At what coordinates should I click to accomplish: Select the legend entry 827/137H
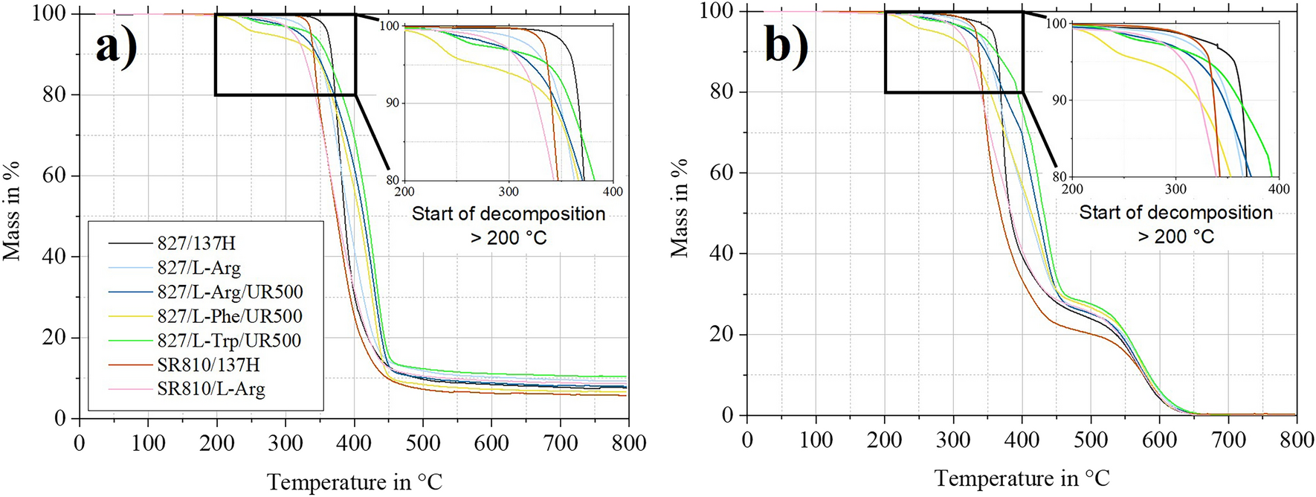198,243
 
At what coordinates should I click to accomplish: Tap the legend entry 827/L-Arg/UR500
230,292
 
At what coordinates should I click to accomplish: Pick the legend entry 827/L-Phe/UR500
229,316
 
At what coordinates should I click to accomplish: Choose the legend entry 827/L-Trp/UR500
229,341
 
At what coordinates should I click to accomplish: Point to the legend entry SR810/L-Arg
210,388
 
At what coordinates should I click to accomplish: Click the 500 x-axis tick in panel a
422,443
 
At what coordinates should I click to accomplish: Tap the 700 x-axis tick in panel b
1228,440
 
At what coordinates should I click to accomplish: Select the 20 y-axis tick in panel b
723,335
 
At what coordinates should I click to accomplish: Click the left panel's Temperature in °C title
354,482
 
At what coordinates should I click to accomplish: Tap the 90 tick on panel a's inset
392,103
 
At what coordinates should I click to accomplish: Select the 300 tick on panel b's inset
1175,189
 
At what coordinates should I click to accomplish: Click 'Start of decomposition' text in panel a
509,214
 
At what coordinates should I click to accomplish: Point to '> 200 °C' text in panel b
1175,237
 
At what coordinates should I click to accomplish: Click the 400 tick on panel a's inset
613,192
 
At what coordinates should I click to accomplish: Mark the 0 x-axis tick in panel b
747,440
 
